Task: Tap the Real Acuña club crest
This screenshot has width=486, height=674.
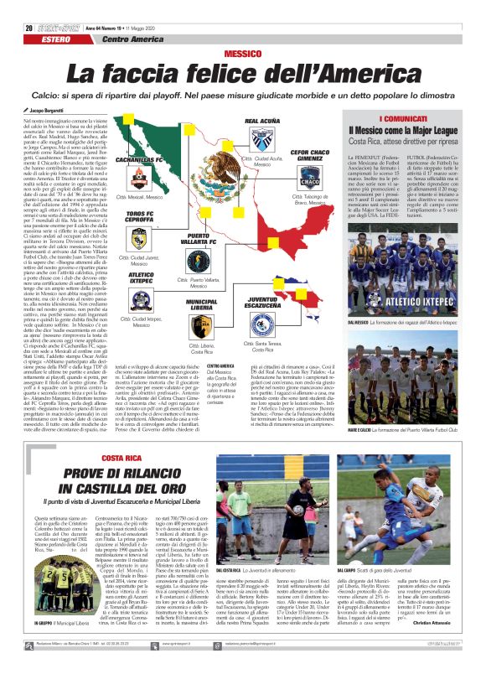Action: (x=261, y=139)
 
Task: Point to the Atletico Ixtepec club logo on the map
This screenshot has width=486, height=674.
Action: (x=141, y=300)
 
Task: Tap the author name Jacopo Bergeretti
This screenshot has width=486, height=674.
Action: (x=44, y=110)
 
